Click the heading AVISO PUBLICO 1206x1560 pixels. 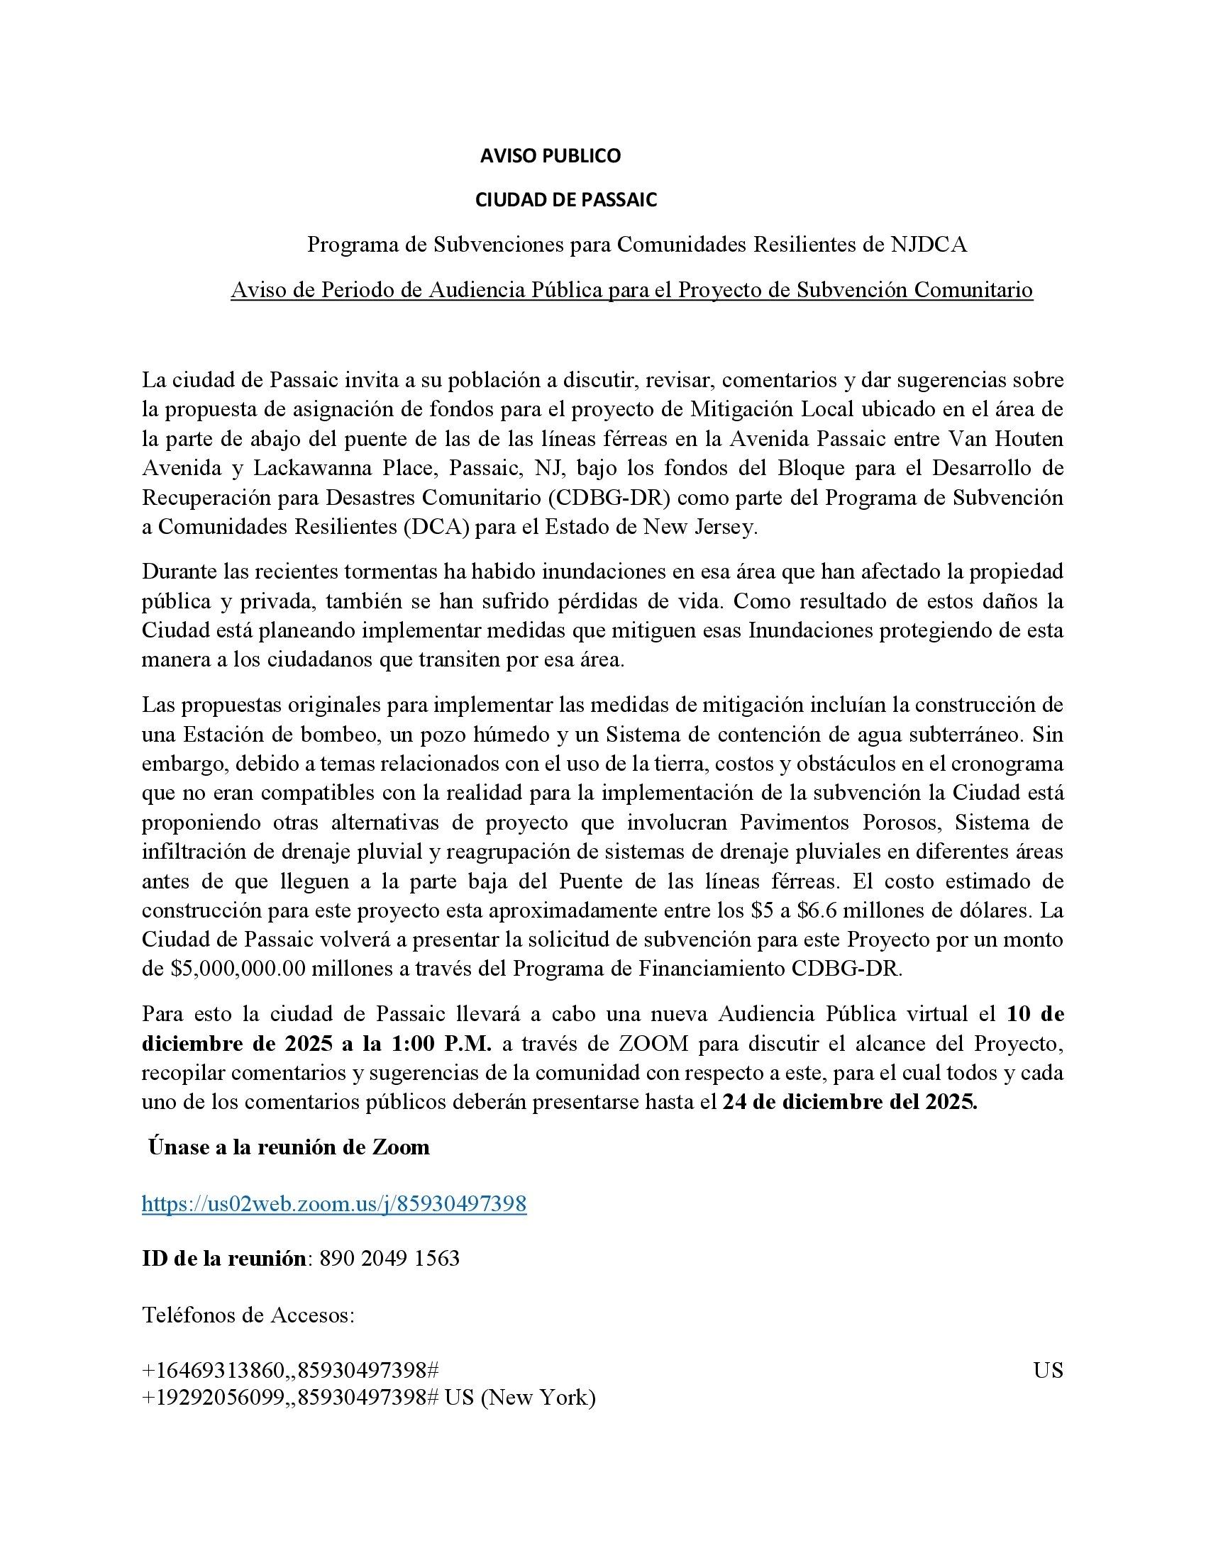click(x=550, y=156)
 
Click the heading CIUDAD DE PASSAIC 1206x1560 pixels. click(x=566, y=200)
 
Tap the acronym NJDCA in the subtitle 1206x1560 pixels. click(x=929, y=245)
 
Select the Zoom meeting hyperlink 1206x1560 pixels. click(x=333, y=1203)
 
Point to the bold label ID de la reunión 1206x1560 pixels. click(x=224, y=1258)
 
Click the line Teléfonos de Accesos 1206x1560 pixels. click(x=248, y=1314)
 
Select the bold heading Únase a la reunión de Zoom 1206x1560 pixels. click(x=289, y=1147)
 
